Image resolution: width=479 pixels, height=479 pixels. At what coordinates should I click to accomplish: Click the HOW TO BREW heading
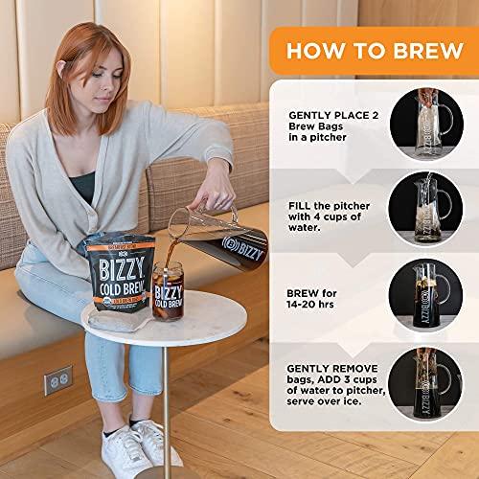373,51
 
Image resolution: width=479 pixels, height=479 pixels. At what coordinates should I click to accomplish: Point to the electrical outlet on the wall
57,380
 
